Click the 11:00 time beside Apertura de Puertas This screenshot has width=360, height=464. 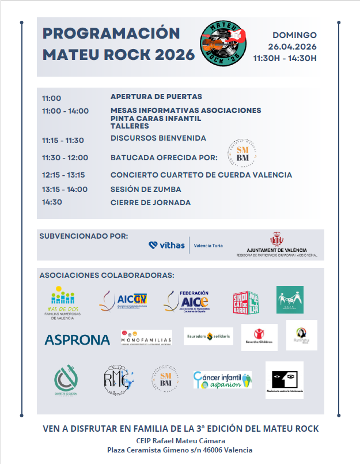pos(51,98)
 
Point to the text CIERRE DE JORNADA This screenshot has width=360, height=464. pos(150,202)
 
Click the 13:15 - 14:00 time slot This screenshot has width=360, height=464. pos(65,189)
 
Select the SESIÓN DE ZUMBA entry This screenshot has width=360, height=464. pos(146,189)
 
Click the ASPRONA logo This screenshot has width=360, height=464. pos(77,339)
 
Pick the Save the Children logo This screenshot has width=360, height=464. pos(259,337)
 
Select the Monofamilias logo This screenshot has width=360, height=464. pos(146,338)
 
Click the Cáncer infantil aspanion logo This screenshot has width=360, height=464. pos(222,380)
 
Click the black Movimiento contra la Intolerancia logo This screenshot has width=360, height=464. pos(284,380)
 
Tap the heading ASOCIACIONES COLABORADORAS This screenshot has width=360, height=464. pos(107,276)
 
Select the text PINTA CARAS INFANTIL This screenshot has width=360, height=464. pos(156,118)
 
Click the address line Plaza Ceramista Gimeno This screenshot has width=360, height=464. pos(180,450)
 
